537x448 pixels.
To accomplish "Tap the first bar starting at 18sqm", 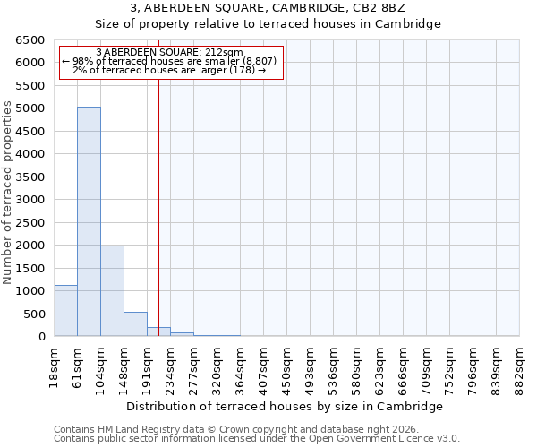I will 65,311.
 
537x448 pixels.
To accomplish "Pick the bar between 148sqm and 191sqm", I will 135,324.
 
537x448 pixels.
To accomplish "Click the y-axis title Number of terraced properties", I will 8,193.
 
